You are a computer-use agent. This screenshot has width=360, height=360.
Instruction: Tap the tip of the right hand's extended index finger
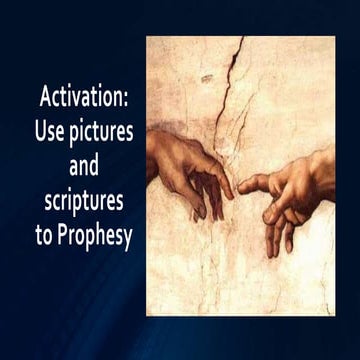[240, 185]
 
